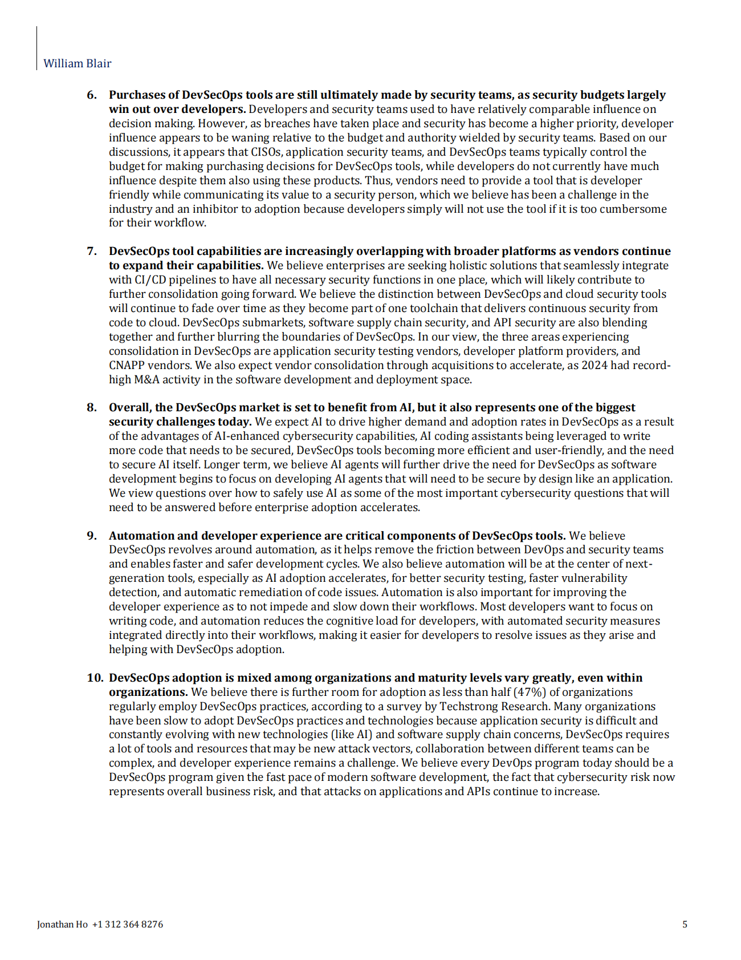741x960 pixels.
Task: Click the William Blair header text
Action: click(78, 63)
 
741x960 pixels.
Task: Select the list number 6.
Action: click(92, 95)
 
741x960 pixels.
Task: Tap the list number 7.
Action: click(92, 251)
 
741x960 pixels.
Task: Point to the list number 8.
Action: click(92, 407)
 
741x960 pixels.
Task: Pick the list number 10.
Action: click(95, 678)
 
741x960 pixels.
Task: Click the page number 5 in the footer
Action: click(685, 924)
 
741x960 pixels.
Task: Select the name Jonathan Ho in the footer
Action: click(62, 924)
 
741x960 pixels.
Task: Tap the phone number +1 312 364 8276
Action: click(127, 924)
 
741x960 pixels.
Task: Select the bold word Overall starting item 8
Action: click(131, 407)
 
